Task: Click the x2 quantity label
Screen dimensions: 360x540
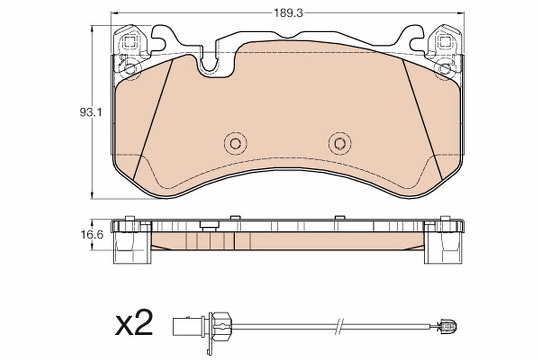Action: [x=134, y=323]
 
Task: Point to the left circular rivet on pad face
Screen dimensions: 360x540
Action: [x=235, y=144]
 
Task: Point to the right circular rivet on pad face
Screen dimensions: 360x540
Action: [x=340, y=144]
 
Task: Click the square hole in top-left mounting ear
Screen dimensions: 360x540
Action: [x=130, y=43]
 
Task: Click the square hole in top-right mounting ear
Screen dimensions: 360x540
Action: [x=445, y=43]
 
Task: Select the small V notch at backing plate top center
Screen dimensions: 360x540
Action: [x=288, y=36]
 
